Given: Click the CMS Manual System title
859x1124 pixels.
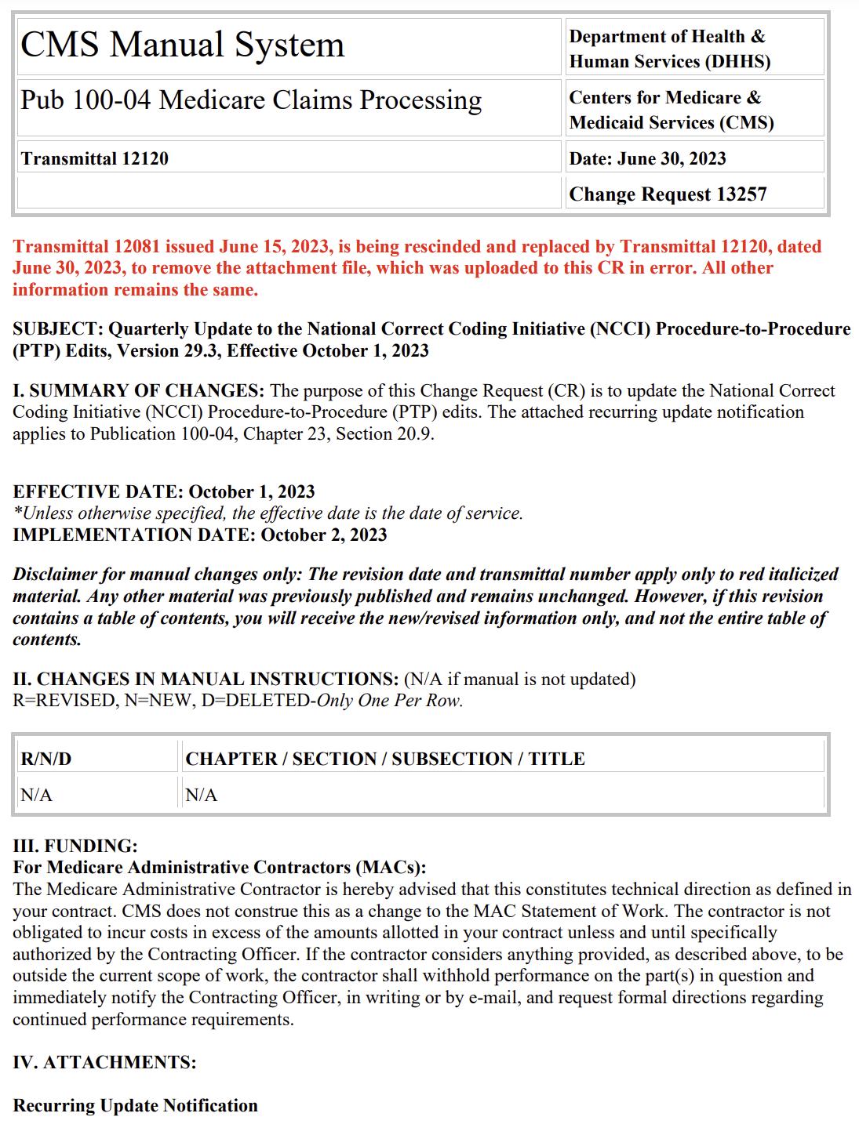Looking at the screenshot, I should (182, 45).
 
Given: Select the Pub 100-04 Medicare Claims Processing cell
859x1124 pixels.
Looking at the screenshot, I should (251, 101).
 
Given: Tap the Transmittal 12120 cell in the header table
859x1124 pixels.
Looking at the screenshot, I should (95, 159).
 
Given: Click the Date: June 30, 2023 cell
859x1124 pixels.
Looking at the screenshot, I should (647, 159).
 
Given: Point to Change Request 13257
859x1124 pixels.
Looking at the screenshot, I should (668, 194).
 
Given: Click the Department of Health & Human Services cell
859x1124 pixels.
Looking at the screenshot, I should (669, 49).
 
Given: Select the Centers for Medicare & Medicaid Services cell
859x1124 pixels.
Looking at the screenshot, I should (671, 110).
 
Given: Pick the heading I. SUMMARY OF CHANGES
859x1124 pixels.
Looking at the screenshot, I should (139, 391).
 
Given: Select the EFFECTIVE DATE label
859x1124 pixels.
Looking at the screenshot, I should (98, 492).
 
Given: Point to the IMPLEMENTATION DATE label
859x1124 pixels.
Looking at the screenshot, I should (133, 535).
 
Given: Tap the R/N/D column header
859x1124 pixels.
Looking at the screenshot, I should (45, 759).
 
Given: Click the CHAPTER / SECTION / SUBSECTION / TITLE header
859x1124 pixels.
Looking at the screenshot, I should (384, 759).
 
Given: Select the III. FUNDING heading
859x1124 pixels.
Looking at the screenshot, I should (75, 847).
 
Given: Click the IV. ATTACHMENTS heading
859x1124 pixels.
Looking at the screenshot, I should (104, 1063).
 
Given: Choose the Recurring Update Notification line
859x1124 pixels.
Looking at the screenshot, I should (135, 1106).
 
